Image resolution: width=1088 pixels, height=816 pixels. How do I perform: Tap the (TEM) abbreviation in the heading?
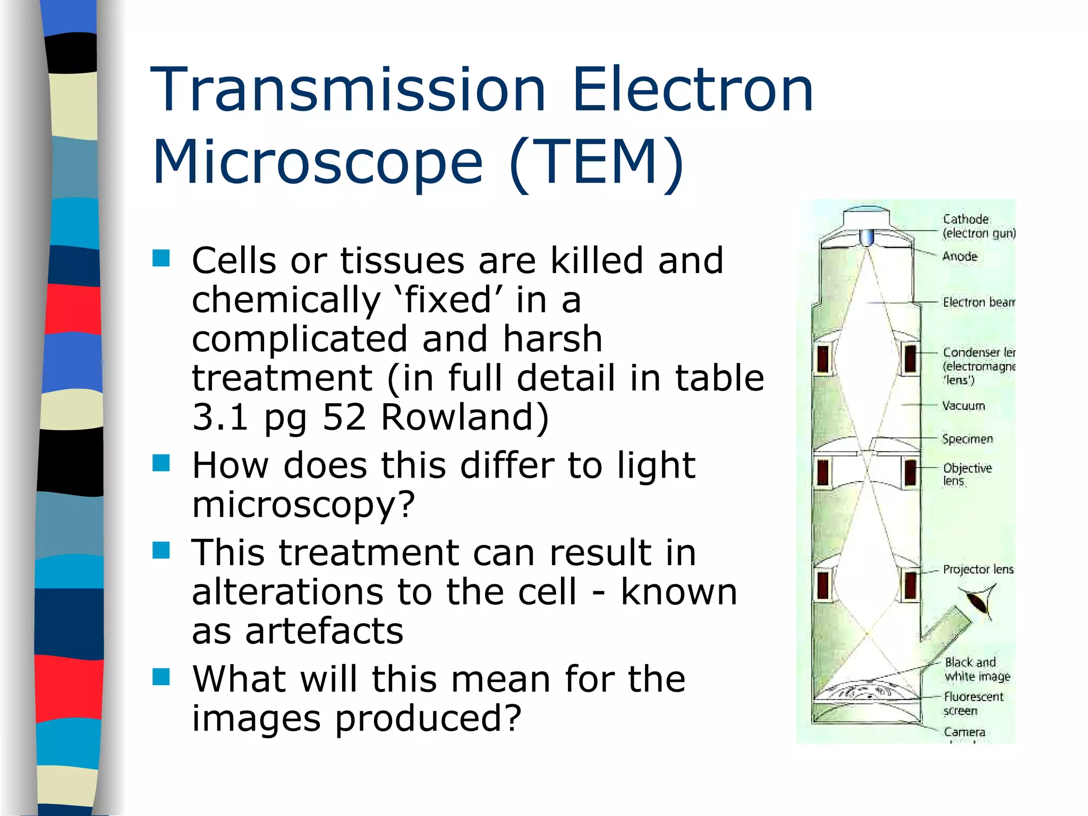[x=596, y=162]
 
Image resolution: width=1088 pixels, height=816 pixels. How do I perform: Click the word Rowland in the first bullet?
[x=465, y=417]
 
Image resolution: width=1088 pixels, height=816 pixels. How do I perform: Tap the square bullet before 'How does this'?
[x=161, y=463]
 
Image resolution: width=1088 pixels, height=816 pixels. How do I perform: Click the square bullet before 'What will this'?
[x=161, y=677]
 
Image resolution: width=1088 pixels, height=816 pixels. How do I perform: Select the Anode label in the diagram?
[x=959, y=257]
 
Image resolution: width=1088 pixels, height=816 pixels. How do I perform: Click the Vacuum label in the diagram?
[x=963, y=406]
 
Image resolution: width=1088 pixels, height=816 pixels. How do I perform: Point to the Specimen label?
[x=967, y=439]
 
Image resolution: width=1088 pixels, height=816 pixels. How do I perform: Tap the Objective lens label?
[x=967, y=474]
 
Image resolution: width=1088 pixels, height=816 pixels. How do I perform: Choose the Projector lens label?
[x=978, y=569]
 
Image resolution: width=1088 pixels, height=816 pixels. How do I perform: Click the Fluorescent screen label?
[x=973, y=703]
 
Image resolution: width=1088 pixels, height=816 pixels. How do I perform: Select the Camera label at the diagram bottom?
[x=964, y=732]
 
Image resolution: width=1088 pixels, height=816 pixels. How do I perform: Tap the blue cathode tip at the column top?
[x=866, y=236]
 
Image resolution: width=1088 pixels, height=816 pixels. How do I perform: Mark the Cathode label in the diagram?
[x=965, y=219]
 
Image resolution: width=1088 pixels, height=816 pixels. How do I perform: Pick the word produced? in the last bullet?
[x=428, y=718]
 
